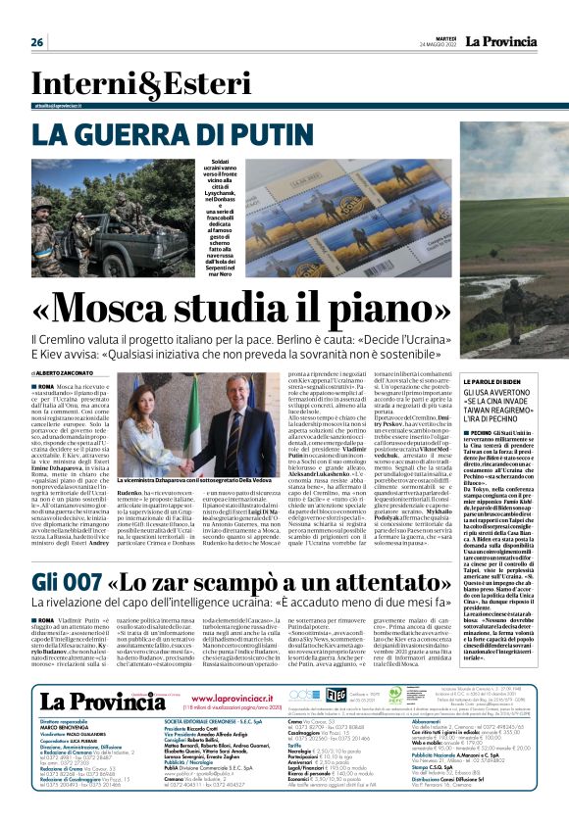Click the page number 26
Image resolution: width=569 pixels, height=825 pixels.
point(37,42)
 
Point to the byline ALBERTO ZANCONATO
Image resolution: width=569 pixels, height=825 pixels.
point(78,346)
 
